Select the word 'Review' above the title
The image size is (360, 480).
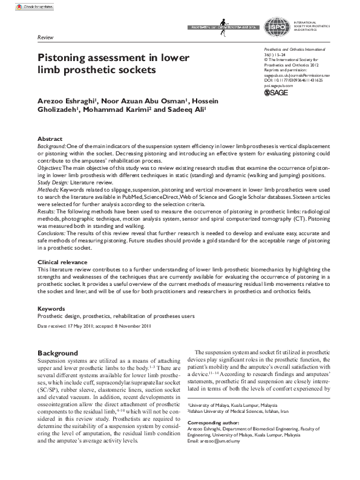45,37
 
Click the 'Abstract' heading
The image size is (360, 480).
50,138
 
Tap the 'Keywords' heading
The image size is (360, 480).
52,308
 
